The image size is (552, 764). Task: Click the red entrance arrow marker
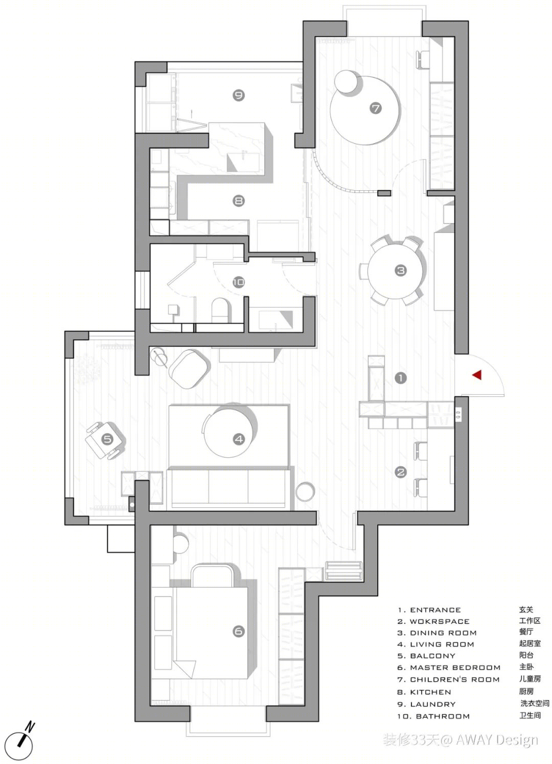coord(477,375)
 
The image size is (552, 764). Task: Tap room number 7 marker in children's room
coord(375,108)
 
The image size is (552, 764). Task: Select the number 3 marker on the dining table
coord(401,271)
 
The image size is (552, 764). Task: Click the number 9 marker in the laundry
coord(239,95)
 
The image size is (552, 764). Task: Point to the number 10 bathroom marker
coord(239,282)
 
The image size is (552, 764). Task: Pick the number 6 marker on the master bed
coord(239,631)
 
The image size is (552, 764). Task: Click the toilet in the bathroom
coord(220,310)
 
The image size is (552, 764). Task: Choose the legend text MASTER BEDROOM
coord(455,667)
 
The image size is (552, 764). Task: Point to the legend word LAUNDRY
coord(433,704)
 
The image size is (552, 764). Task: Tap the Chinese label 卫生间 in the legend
coord(530,715)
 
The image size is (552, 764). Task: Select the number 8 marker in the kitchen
coord(239,200)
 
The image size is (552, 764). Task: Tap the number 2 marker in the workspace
coord(401,471)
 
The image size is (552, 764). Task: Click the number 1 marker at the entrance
coord(401,377)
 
